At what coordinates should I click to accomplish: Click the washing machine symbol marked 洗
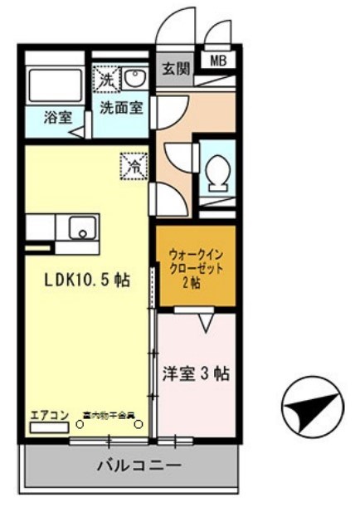107,80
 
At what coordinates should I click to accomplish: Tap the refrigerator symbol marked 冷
132,166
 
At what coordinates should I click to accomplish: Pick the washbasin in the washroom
135,80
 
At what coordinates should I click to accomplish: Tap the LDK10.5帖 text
86,280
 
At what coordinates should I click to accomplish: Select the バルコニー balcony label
139,466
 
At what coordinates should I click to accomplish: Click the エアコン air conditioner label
47,413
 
